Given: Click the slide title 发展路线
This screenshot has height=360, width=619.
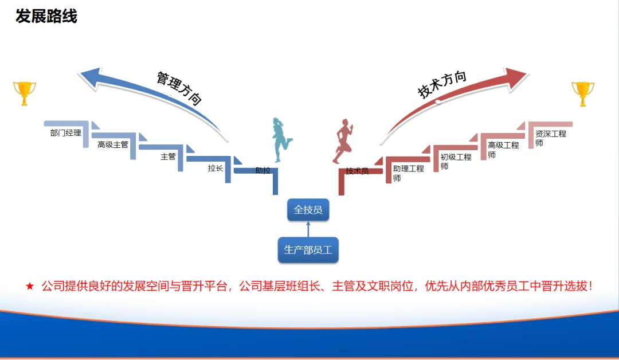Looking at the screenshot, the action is (x=46, y=17).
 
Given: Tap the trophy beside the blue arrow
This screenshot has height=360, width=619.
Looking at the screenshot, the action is (x=25, y=93).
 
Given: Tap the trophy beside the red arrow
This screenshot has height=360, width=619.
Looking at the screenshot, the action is (x=583, y=94).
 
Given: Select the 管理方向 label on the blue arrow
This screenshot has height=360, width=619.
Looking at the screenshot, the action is (x=179, y=88).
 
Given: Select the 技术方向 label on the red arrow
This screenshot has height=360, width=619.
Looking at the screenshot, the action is (x=442, y=84).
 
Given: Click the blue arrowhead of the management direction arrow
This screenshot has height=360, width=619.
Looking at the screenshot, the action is (x=90, y=77).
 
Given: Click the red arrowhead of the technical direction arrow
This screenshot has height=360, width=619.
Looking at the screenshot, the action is (x=516, y=77).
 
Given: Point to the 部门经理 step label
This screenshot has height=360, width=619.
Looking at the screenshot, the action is (x=65, y=133).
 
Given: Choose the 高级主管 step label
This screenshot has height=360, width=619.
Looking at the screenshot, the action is (x=113, y=145).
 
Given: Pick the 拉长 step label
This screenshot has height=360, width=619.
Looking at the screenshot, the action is (x=216, y=169).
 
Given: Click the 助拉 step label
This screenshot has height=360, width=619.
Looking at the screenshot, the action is (x=263, y=170).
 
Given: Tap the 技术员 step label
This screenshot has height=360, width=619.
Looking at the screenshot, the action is (x=357, y=171).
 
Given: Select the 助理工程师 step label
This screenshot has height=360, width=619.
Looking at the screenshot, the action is (x=409, y=173).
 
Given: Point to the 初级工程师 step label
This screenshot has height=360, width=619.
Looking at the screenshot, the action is (x=456, y=162).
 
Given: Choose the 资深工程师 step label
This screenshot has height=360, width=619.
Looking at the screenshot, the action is (x=551, y=138).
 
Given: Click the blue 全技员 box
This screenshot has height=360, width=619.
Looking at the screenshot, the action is (x=308, y=210).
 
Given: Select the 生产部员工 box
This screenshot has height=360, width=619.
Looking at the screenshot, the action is (x=308, y=250).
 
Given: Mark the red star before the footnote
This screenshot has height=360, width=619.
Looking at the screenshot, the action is (x=30, y=286).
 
